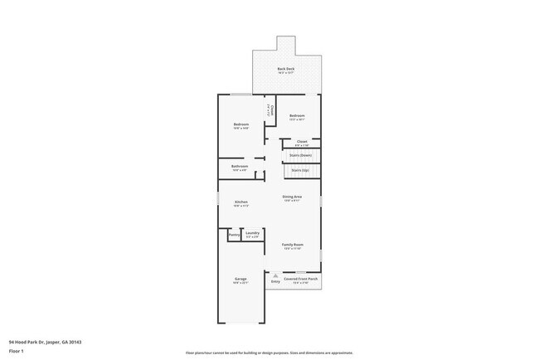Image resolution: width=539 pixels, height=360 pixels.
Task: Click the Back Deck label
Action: tap(285, 68)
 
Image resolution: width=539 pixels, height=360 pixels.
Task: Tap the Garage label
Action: tap(240, 280)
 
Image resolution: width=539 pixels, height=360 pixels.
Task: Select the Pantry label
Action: tap(233, 235)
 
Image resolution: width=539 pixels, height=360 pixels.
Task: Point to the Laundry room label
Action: tap(252, 233)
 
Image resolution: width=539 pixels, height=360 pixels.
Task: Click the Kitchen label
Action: tap(240, 202)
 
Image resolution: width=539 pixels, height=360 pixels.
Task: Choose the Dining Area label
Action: tap(292, 197)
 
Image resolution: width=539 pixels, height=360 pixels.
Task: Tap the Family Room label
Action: tap(292, 246)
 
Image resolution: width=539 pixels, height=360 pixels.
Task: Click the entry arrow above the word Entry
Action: tap(275, 275)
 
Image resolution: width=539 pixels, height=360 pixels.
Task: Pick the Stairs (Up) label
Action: tap(300, 171)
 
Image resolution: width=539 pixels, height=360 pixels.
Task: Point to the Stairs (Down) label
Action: tap(300, 155)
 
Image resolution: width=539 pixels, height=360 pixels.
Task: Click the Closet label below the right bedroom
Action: tap(302, 142)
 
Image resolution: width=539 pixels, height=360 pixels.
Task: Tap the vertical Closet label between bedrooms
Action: tap(270, 109)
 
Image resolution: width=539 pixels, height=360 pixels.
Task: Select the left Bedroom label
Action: tap(240, 125)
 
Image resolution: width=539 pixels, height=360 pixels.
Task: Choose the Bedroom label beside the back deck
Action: tap(297, 116)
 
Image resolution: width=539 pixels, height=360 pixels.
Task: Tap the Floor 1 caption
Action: tap(16, 352)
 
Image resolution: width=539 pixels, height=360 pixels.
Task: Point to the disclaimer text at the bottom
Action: tap(269, 353)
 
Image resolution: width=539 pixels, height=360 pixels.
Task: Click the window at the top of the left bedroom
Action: tap(240, 94)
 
